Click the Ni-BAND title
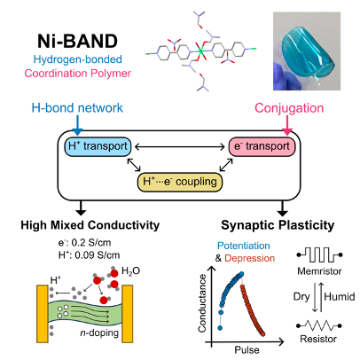click(x=77, y=41)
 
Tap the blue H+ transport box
click(x=98, y=146)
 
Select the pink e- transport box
click(x=262, y=146)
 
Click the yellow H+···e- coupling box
click(x=180, y=182)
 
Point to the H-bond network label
click(x=77, y=108)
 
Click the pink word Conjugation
click(x=289, y=108)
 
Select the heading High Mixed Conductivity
click(x=90, y=225)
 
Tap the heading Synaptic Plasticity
click(x=278, y=225)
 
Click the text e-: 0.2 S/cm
click(x=84, y=243)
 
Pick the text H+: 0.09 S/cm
click(x=89, y=254)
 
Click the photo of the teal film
click(x=307, y=51)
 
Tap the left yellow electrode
click(x=43, y=314)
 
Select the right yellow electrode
click(x=127, y=314)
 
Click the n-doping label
click(x=99, y=333)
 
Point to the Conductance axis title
click(x=202, y=303)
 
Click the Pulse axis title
click(x=247, y=350)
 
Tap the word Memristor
click(x=319, y=271)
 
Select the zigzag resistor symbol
click(x=319, y=325)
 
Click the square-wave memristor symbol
click(x=319, y=254)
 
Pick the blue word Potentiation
click(x=244, y=246)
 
